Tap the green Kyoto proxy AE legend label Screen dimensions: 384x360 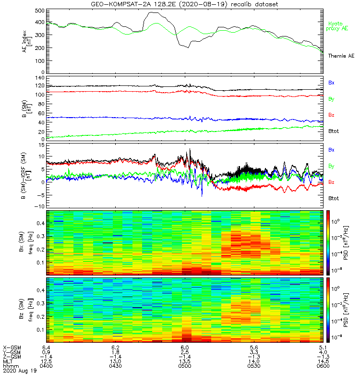point(337,26)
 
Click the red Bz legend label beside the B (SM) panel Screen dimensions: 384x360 point(331,115)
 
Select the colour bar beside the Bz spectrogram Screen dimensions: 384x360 point(329,310)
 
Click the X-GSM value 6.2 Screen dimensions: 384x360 point(115,347)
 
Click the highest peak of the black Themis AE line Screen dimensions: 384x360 point(153,13)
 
